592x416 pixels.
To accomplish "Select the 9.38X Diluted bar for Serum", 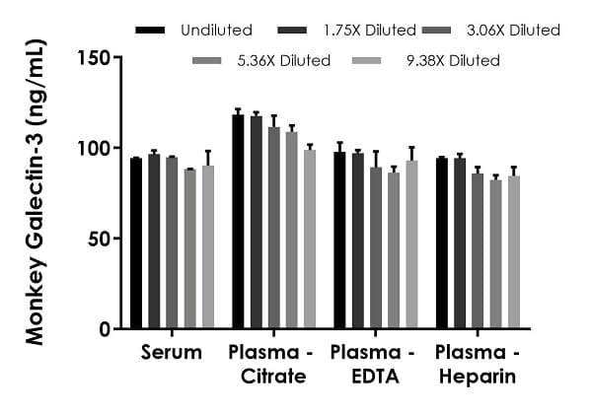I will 207,246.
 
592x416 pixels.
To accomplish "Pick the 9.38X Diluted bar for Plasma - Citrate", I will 310,239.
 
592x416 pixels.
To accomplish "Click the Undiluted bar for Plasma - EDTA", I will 339,240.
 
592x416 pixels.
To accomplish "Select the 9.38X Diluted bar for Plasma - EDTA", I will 411,243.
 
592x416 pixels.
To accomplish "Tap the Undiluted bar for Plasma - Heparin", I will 442,243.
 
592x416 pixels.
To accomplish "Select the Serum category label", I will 172,353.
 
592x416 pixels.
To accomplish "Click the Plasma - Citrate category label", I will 267,365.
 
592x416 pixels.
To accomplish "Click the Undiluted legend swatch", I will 149,31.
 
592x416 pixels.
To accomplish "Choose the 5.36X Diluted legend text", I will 288,61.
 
